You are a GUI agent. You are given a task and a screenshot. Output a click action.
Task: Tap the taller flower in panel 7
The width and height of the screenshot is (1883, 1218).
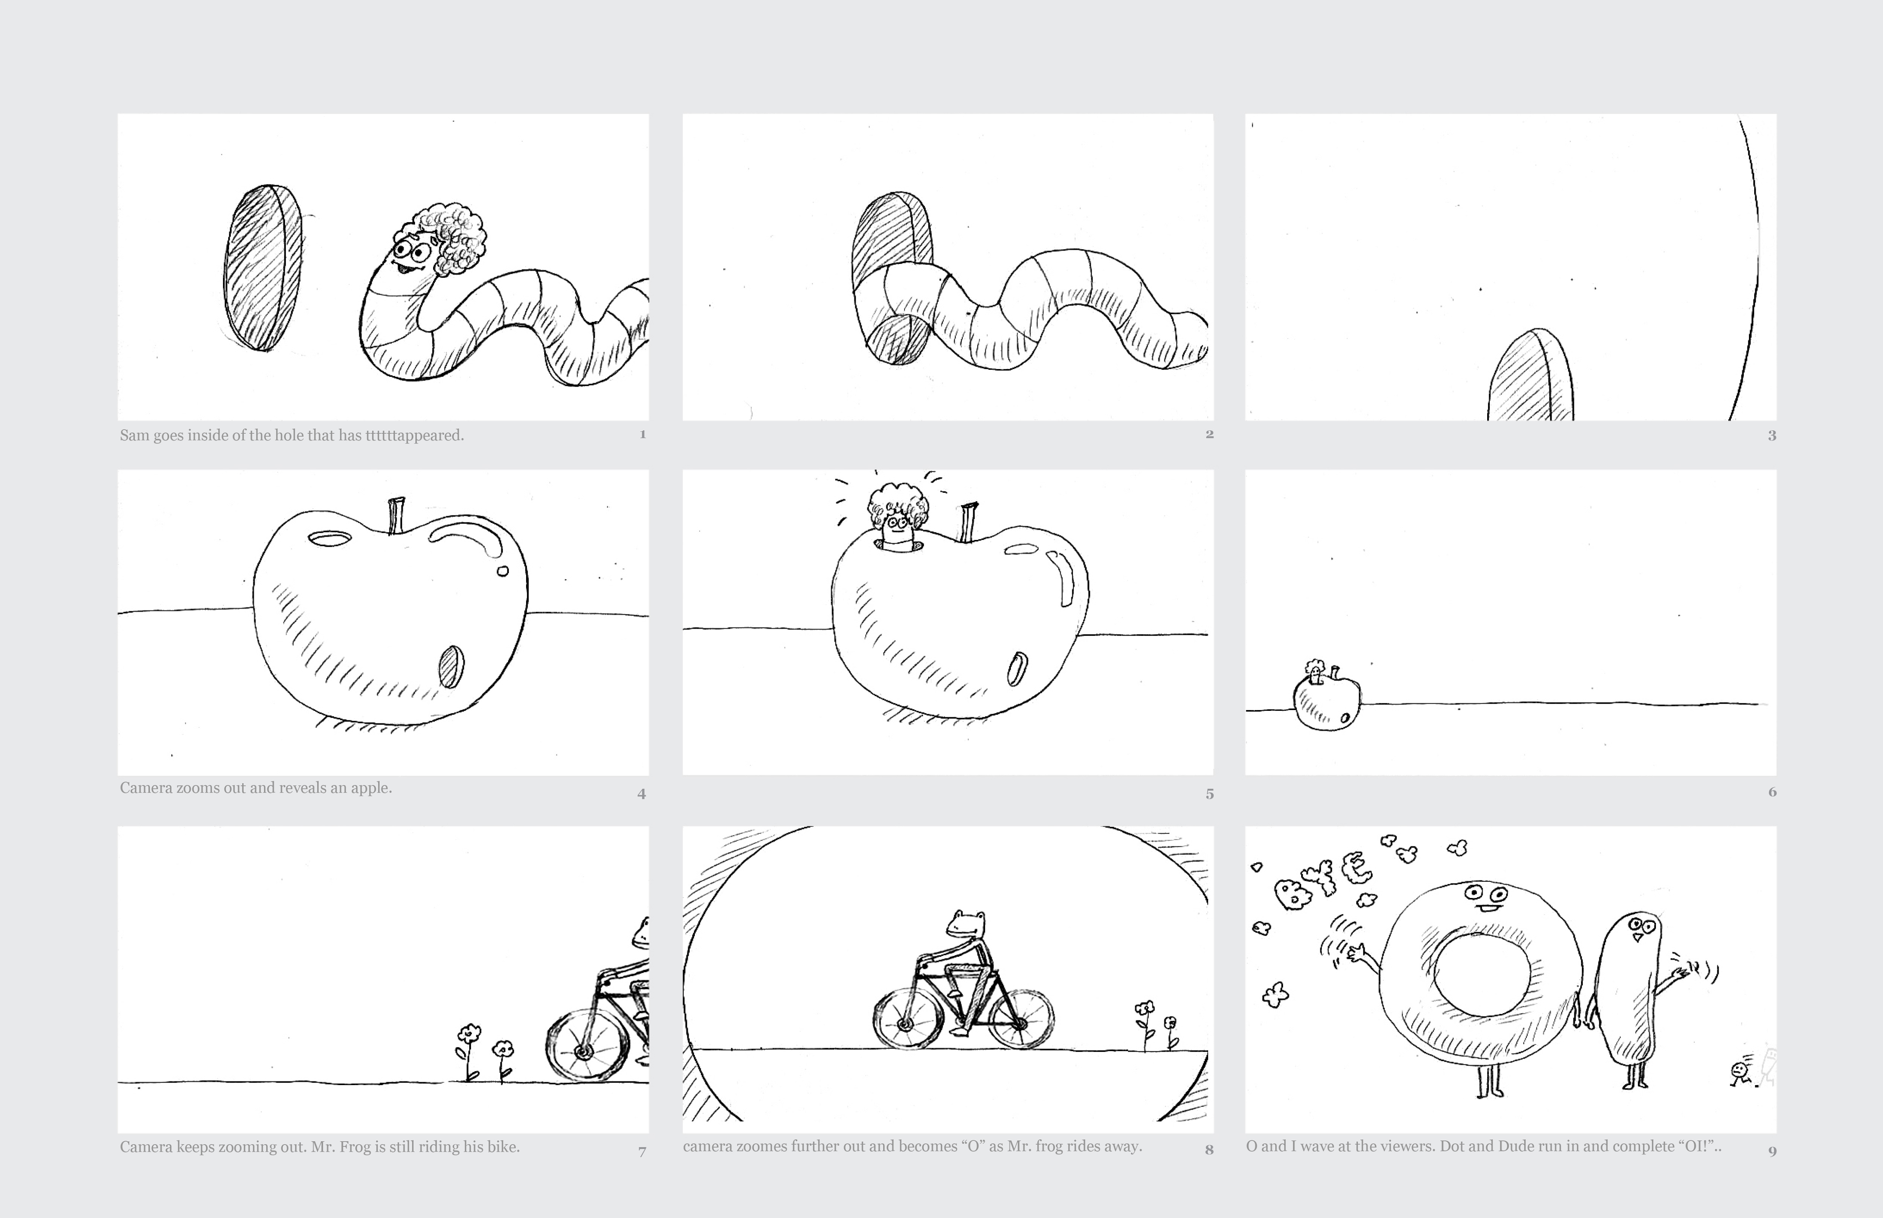click(468, 1052)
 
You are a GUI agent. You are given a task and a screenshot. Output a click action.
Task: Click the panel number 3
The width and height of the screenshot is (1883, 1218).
click(1772, 435)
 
